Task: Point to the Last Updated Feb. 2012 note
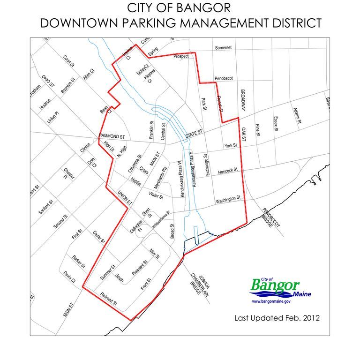[x=277, y=318]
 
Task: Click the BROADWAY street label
[x=243, y=100]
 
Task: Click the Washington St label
[x=228, y=200]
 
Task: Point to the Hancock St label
[x=228, y=172]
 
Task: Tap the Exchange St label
[x=206, y=165]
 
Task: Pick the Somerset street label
[x=223, y=48]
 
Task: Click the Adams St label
[x=297, y=116]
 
